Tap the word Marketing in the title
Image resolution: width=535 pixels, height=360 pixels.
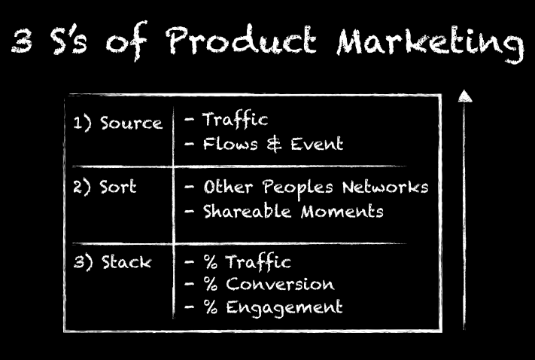(x=430, y=44)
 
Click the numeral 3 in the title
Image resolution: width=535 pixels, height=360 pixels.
(x=22, y=41)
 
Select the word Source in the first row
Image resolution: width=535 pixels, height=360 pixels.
(x=131, y=123)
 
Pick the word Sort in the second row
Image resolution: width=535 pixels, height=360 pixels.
(x=117, y=187)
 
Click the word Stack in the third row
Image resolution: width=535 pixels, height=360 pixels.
(x=126, y=262)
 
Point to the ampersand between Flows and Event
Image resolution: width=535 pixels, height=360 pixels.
(x=274, y=144)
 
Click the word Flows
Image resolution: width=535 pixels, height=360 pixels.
(x=230, y=143)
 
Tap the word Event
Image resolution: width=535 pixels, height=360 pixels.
(x=317, y=143)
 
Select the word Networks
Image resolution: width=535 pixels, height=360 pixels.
(x=385, y=188)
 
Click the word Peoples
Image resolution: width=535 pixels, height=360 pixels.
(x=297, y=188)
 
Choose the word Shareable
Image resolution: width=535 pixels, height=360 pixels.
(x=247, y=211)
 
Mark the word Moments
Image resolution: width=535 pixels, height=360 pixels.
(x=342, y=212)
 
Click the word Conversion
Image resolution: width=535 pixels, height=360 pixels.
(x=280, y=284)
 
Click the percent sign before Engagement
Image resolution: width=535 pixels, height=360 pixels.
(x=211, y=307)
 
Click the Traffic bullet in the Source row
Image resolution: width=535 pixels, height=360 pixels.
(x=235, y=120)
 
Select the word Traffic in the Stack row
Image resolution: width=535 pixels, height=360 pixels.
(x=258, y=262)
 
